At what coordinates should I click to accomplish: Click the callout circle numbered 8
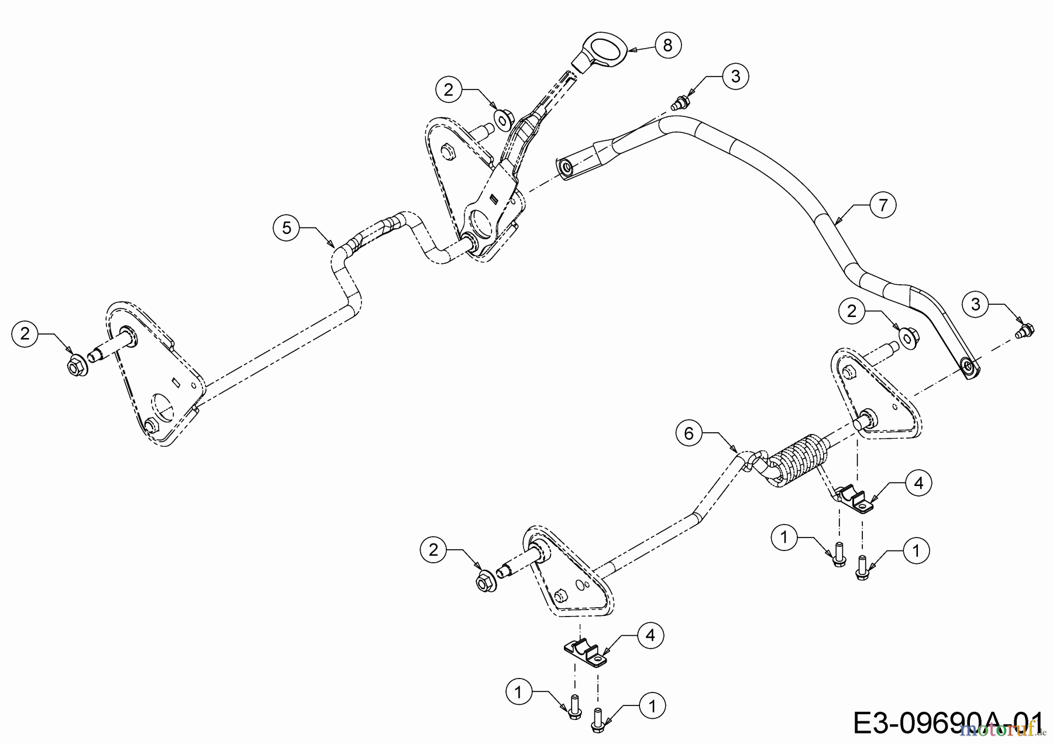click(x=668, y=44)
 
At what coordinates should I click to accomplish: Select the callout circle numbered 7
click(x=883, y=205)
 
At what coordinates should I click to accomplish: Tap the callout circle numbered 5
click(x=287, y=228)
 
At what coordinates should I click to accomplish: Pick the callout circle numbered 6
click(x=689, y=433)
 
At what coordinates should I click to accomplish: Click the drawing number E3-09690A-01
click(x=948, y=723)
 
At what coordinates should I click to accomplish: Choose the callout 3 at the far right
click(x=975, y=305)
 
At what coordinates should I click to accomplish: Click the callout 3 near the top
click(x=735, y=76)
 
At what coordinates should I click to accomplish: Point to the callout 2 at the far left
click(x=25, y=334)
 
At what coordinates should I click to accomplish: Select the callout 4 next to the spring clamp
click(x=918, y=483)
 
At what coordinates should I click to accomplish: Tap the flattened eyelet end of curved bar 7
click(x=969, y=368)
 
